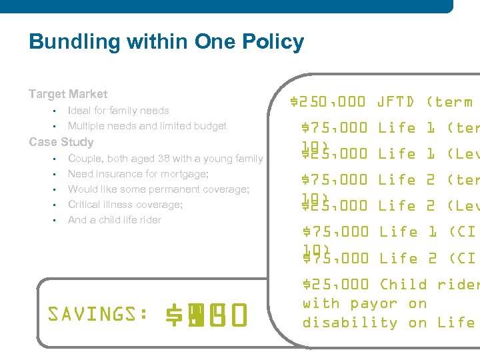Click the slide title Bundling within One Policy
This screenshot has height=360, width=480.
(166, 42)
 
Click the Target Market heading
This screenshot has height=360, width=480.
(68, 94)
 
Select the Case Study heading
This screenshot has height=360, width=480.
(61, 142)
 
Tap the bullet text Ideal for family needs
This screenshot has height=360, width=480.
(118, 111)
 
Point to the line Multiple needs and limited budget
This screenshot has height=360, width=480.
(147, 126)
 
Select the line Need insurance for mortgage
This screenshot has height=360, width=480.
(138, 174)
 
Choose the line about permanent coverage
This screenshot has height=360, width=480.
(159, 189)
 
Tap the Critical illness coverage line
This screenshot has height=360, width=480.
(125, 205)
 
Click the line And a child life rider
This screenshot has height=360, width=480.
(115, 220)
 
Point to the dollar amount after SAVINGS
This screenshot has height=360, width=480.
(207, 313)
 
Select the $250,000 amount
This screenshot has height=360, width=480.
(329, 102)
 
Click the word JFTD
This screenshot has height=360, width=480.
(396, 102)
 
